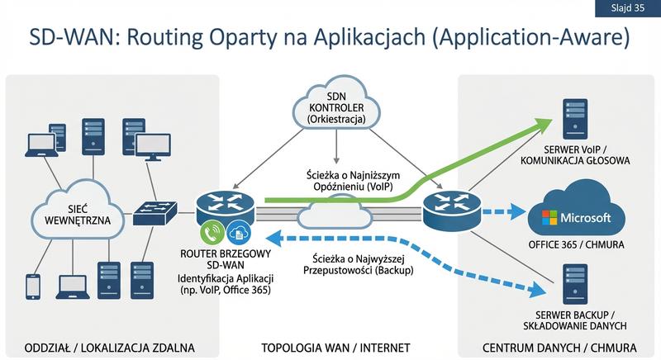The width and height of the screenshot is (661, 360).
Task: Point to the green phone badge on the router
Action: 212,232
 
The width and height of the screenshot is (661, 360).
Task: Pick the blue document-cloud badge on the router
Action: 239,232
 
